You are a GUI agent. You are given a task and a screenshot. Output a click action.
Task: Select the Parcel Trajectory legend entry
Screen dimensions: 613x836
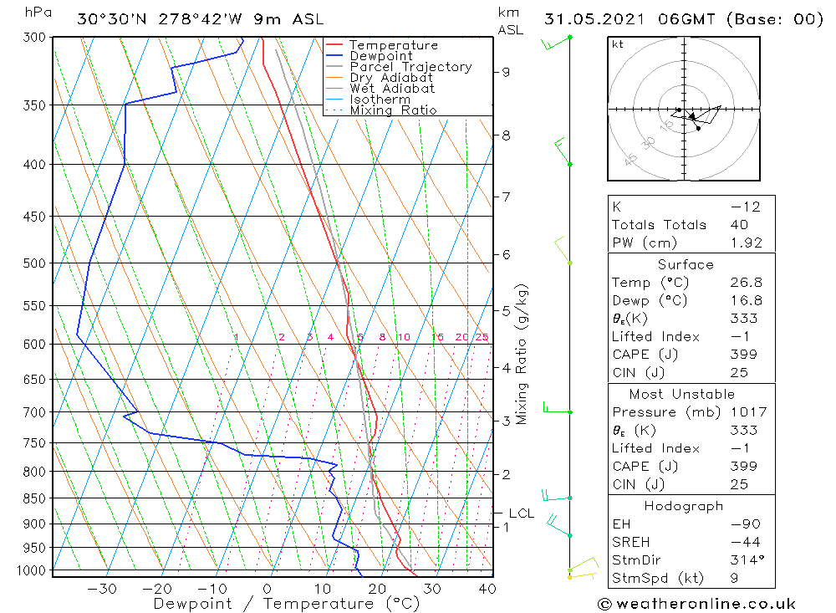point(410,67)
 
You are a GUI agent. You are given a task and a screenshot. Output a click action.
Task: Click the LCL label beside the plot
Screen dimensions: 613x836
point(521,513)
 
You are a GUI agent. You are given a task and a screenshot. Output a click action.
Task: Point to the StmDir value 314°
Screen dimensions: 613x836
point(743,560)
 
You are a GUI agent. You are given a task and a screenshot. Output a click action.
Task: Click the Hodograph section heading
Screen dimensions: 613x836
point(684,506)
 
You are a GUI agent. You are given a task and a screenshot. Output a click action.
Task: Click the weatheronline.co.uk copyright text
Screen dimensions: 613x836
point(696,603)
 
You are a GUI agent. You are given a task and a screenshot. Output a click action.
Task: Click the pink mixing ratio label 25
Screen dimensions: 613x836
point(482,337)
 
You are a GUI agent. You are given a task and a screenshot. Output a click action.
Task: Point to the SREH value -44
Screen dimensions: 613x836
point(744,542)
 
